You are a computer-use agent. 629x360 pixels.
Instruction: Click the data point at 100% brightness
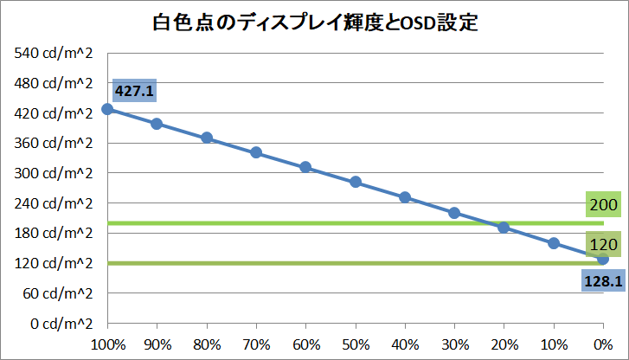tap(106, 109)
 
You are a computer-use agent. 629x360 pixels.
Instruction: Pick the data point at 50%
tap(355, 182)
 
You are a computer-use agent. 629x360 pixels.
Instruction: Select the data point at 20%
tap(504, 228)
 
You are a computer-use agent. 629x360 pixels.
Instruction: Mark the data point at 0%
tap(603, 259)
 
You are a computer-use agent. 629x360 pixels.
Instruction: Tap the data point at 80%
tap(207, 138)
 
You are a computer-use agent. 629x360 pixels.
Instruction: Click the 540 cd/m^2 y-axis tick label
tap(53, 54)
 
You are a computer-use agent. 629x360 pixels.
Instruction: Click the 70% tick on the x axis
tap(256, 344)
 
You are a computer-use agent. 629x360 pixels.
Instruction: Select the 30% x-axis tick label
tap(454, 344)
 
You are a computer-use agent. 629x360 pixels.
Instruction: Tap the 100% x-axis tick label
tap(106, 344)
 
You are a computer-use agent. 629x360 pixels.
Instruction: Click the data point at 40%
tap(405, 197)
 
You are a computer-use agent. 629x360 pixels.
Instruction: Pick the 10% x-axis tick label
tap(554, 344)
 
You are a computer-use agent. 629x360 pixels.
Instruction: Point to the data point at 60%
tap(305, 167)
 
